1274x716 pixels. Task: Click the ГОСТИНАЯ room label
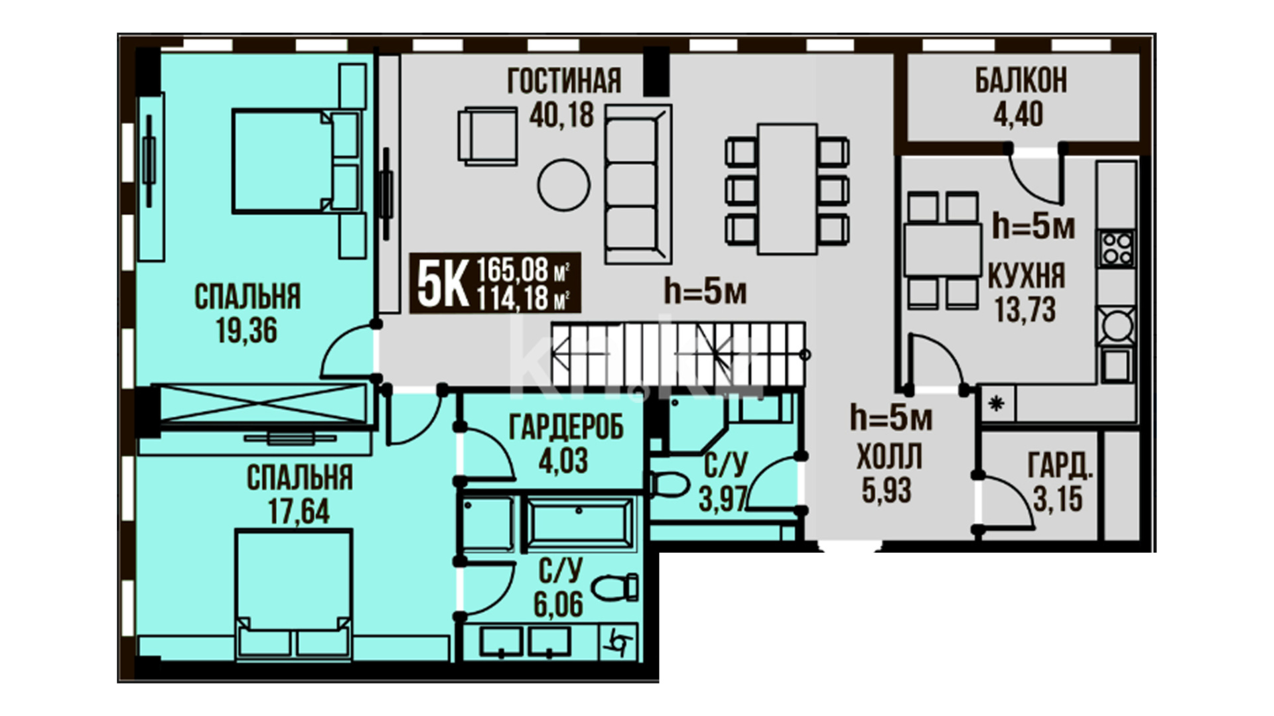(564, 81)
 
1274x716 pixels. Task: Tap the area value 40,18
(561, 115)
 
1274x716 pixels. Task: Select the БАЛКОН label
(1021, 80)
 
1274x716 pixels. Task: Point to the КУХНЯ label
(1026, 276)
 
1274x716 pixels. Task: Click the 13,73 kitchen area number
(1025, 310)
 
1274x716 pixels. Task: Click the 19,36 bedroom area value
(246, 330)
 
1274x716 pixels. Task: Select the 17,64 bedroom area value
(299, 511)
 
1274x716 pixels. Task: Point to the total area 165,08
(512, 270)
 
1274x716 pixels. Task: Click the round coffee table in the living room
(563, 186)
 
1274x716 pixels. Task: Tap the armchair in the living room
(488, 135)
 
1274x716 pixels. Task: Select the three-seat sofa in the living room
(638, 184)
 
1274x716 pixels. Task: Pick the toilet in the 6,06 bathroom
(615, 587)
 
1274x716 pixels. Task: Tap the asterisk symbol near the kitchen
(997, 403)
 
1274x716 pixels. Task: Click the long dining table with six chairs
(787, 188)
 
